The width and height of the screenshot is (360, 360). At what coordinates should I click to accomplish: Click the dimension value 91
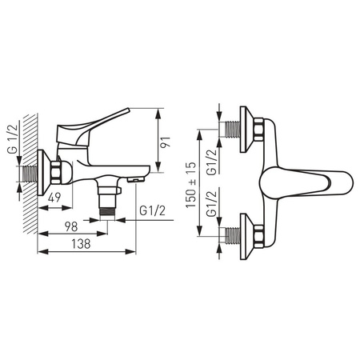tap(166, 142)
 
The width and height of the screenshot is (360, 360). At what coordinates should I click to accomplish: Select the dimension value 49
tap(54, 198)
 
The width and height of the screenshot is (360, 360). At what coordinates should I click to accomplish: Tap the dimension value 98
tap(71, 226)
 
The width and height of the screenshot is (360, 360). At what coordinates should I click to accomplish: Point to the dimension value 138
tap(81, 244)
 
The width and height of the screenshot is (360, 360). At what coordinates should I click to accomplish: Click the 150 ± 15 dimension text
tap(191, 185)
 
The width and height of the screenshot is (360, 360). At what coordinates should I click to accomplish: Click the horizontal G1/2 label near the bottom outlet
tap(152, 211)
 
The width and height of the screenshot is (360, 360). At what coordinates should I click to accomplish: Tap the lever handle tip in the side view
tap(127, 110)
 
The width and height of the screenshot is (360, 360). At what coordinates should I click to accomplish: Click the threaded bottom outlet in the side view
tap(107, 212)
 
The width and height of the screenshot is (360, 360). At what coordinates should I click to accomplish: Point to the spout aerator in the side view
tap(136, 181)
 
